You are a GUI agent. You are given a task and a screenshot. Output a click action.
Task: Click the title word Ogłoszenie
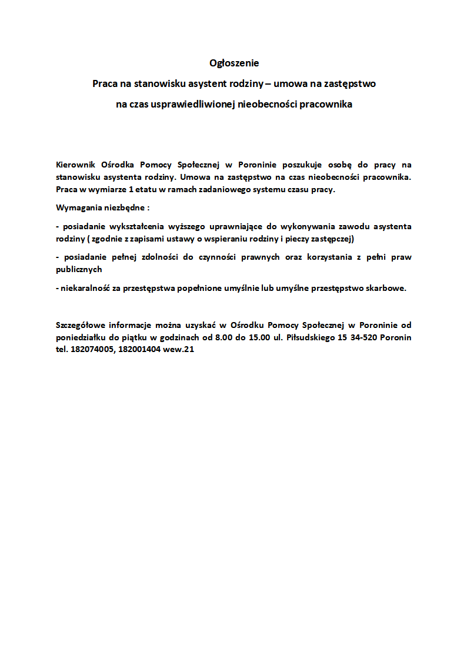point(234,63)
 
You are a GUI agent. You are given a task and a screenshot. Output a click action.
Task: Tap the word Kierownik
point(75,165)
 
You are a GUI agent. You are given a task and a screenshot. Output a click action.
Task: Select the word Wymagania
point(77,208)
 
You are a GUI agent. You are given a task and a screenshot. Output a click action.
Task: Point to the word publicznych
point(79,270)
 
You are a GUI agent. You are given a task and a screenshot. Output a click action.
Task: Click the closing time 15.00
point(259,337)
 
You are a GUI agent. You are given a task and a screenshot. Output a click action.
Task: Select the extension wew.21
point(180,350)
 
